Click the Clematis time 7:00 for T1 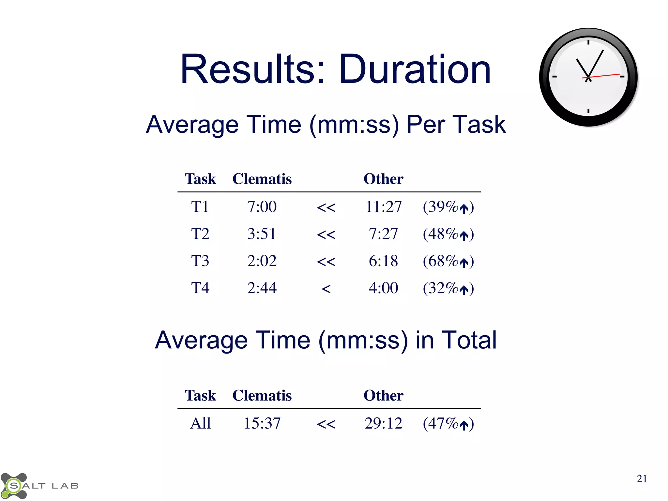(x=262, y=207)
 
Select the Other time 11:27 (x=383, y=207)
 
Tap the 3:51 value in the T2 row (x=262, y=234)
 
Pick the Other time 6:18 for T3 (x=383, y=261)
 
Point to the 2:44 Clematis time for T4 (x=262, y=288)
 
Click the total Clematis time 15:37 (x=262, y=423)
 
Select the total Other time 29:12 (x=383, y=423)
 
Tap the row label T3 (x=200, y=261)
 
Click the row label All (x=200, y=423)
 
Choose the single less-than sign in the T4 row (x=326, y=289)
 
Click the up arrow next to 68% (x=463, y=263)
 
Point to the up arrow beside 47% (x=463, y=425)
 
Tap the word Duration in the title (x=415, y=69)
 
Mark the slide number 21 (x=642, y=478)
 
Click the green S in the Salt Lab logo (x=14, y=486)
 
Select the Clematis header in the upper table (x=262, y=179)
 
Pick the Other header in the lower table (x=383, y=396)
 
